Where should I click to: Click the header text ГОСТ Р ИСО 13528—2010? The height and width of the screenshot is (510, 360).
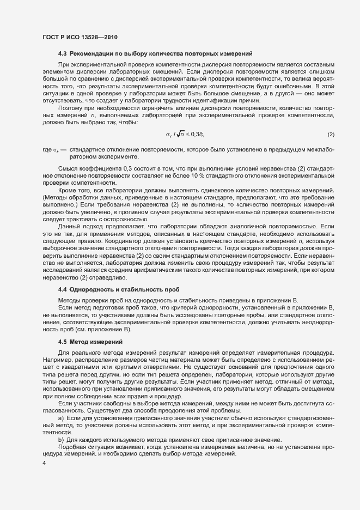click(80, 37)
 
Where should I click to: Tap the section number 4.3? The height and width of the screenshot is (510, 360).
click(63, 53)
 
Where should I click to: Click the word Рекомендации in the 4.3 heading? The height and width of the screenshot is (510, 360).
click(93, 53)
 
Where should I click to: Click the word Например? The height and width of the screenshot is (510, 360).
click(58, 360)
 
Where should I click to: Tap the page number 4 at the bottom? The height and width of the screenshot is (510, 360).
click(44, 464)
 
